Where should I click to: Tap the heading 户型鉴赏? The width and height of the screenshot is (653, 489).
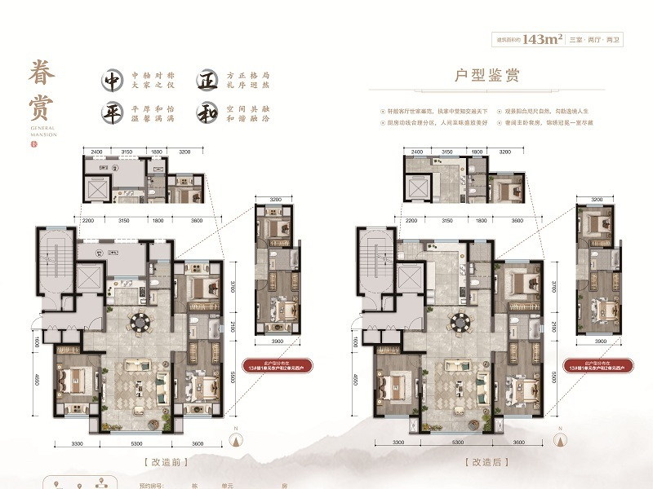(x=487, y=76)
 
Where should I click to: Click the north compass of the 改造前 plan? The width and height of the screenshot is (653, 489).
(x=236, y=440)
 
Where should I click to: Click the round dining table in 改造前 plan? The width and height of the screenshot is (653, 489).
(x=140, y=322)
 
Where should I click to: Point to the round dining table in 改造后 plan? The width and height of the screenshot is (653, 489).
(x=461, y=320)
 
